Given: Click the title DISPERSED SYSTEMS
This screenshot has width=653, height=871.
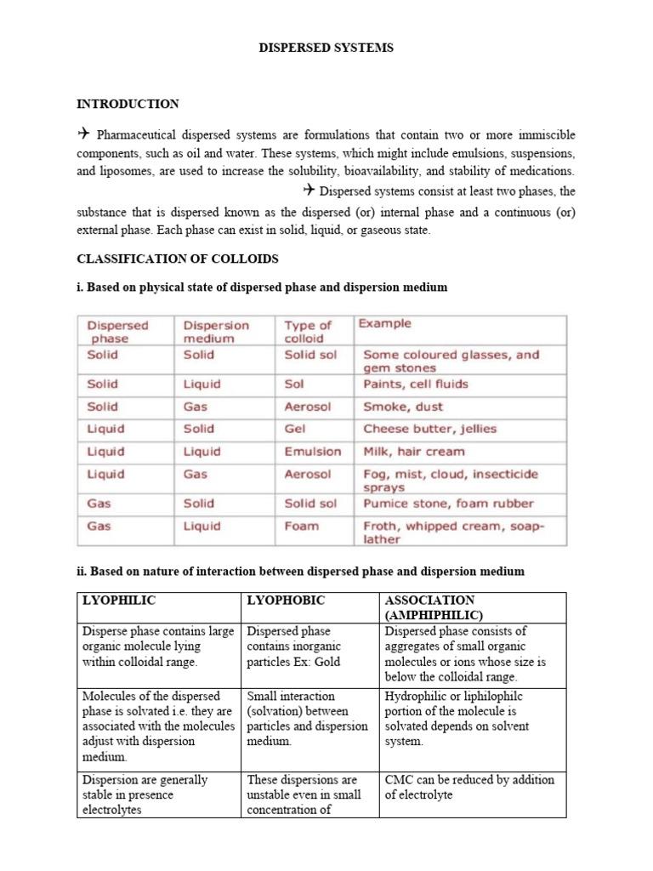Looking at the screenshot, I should (326, 48).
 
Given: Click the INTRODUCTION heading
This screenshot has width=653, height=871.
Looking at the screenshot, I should (128, 104).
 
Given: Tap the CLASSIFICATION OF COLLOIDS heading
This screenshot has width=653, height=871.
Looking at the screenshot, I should (178, 259).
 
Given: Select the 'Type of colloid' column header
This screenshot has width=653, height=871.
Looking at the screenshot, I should (307, 331).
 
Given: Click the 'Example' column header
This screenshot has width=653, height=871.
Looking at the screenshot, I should (384, 323).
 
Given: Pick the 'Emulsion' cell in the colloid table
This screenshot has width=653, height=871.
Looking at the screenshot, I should (312, 452).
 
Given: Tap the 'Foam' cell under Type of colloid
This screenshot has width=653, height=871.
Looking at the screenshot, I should (301, 526).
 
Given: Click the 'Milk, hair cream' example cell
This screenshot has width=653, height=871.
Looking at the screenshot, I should (413, 452).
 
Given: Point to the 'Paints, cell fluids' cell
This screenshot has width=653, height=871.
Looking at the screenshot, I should (415, 384).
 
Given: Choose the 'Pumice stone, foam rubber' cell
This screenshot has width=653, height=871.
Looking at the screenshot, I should (448, 503).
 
